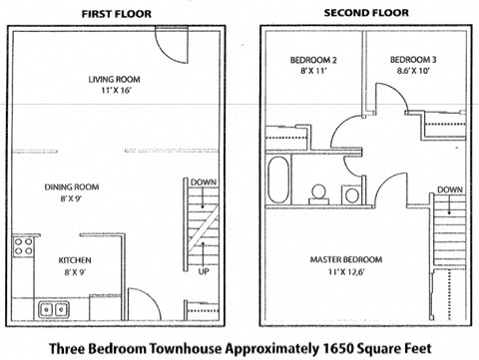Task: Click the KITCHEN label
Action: tap(63, 261)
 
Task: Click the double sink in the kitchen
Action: tap(52, 309)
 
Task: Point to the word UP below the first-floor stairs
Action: tap(203, 270)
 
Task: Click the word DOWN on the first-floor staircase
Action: tap(203, 182)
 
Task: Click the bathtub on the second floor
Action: tap(279, 180)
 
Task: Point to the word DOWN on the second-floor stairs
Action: tap(448, 188)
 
